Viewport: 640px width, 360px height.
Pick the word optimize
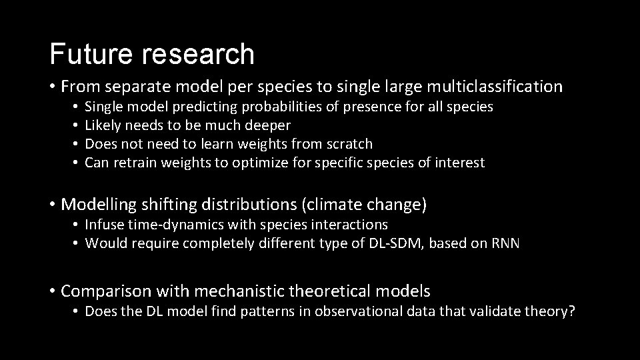point(257,163)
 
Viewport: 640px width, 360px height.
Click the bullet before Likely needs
point(77,125)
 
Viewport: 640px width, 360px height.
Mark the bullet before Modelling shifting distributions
point(52,204)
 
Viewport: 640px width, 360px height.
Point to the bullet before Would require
point(77,244)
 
